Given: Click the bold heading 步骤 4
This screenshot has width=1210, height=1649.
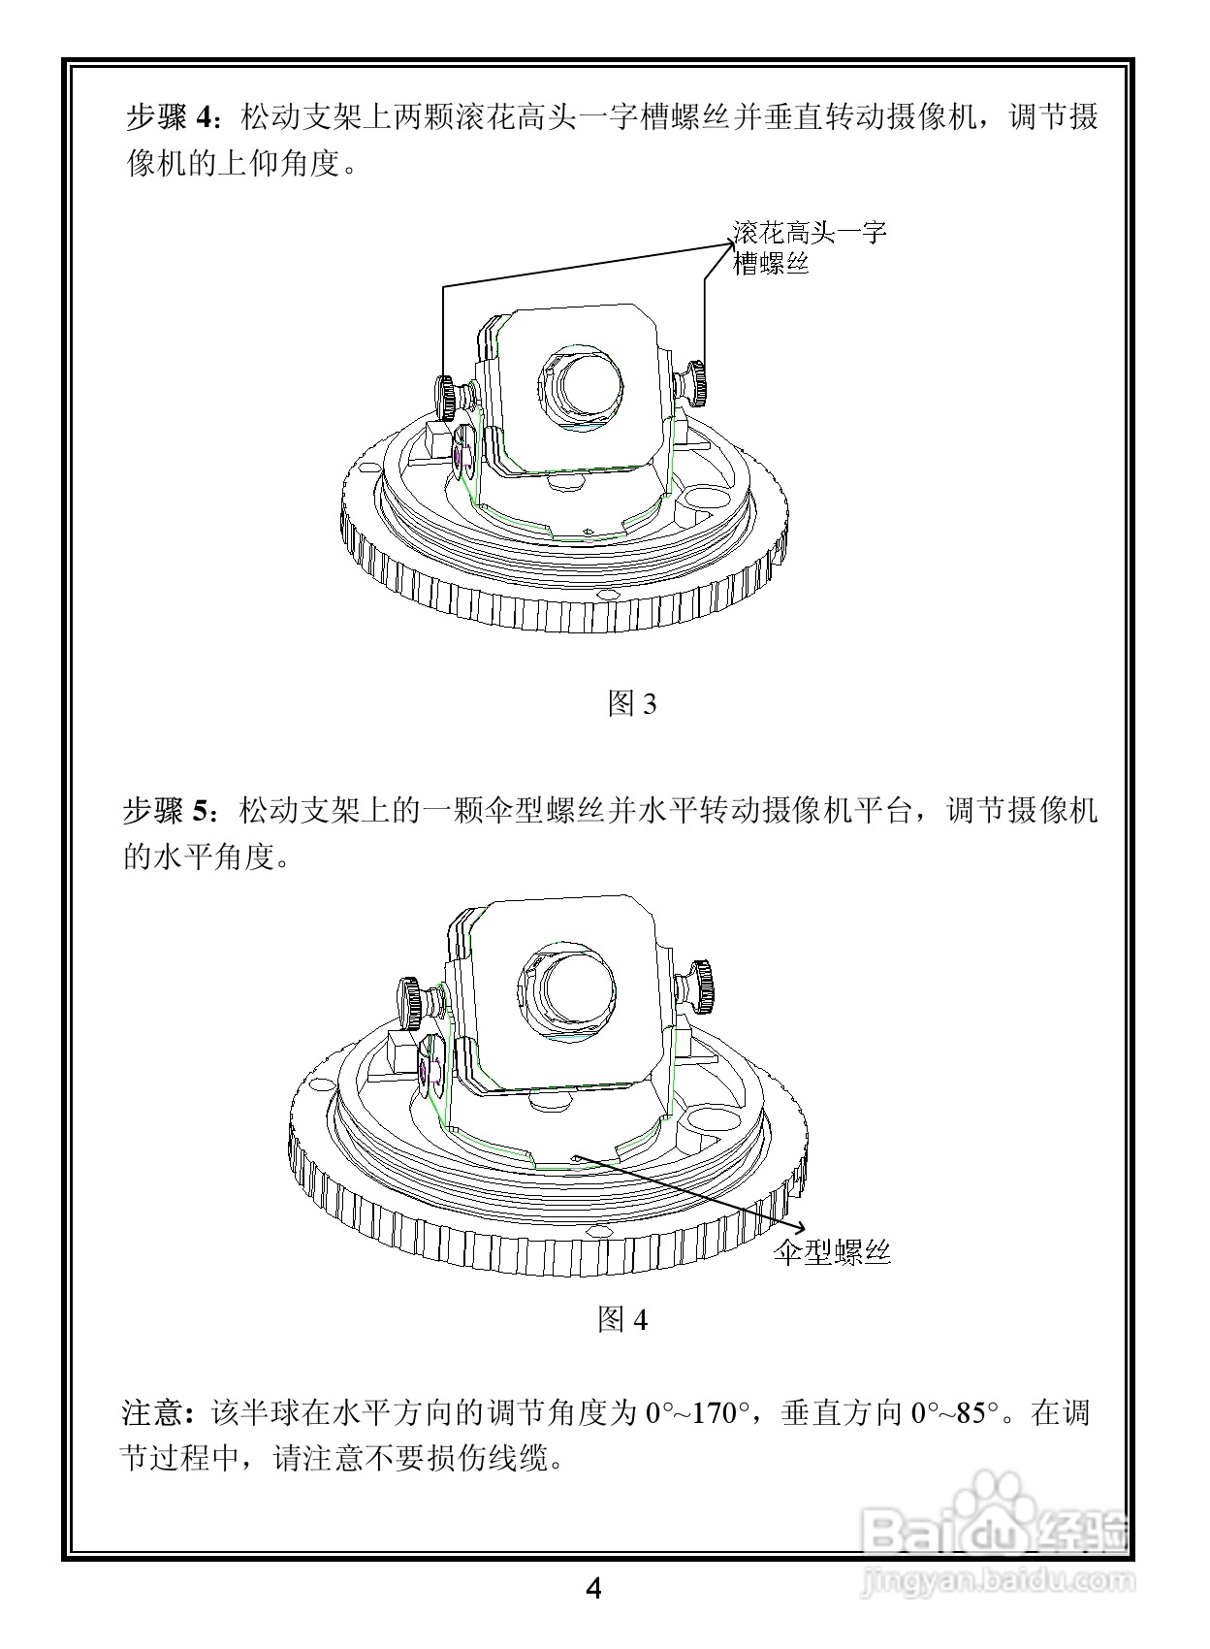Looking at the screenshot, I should (x=173, y=118).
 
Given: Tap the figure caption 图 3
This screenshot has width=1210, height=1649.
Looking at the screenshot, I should (x=631, y=703).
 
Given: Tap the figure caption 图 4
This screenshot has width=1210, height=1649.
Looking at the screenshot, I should (x=621, y=1319).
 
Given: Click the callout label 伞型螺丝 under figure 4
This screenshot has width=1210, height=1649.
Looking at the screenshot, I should (x=832, y=1251).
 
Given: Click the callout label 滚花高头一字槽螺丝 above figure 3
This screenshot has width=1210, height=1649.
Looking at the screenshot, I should (x=809, y=247).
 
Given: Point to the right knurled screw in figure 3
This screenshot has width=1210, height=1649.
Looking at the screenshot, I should (x=695, y=382).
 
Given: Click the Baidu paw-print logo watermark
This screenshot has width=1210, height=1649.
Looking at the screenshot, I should (x=998, y=1511).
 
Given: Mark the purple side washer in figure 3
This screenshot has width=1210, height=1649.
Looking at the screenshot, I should (x=458, y=455).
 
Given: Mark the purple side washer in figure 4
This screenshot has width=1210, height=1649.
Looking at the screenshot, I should (x=425, y=1069).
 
